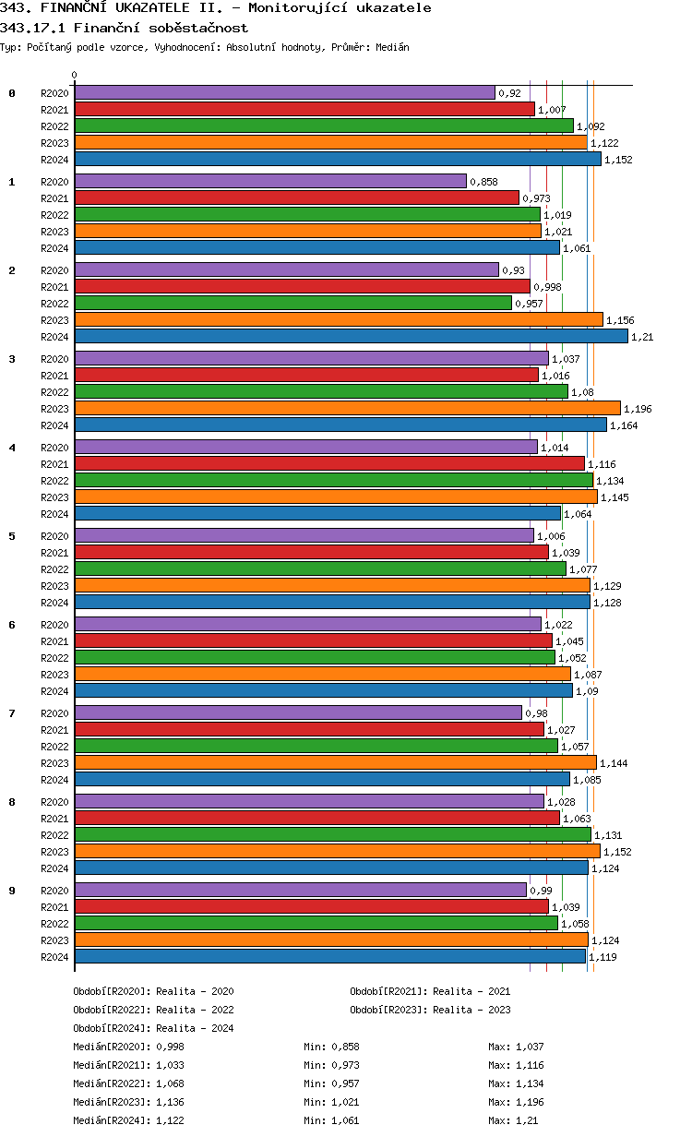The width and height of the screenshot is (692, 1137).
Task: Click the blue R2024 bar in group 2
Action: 351,337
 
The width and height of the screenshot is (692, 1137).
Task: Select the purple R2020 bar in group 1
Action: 270,182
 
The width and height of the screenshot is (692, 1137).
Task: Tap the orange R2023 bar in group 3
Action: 347,409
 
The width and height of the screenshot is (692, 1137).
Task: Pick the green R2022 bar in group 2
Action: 292,304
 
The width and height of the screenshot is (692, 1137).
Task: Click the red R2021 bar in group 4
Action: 329,464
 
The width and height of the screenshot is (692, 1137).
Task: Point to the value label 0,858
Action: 483,182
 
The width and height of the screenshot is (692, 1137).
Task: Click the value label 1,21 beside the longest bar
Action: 642,337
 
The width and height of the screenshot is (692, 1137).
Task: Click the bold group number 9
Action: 12,891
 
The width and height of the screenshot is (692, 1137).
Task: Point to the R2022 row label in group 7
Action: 55,747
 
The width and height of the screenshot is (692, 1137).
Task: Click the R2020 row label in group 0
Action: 55,93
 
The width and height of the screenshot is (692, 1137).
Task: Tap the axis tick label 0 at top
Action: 75,76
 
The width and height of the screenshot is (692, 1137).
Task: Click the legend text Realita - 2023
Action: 471,1010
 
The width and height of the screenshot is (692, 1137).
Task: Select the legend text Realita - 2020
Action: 195,991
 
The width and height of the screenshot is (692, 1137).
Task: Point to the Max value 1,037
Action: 530,1047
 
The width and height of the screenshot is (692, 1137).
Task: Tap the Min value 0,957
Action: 345,1083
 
